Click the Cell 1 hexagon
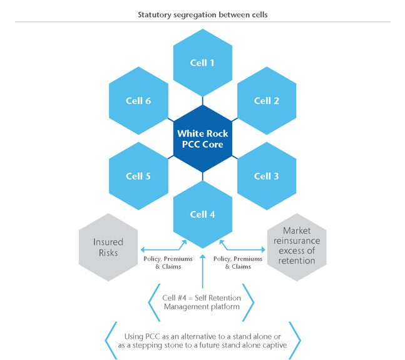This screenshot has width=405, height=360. [202, 63]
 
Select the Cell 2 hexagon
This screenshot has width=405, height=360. [267, 100]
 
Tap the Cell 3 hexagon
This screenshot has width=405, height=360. [267, 176]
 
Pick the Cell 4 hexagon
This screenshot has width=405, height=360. [202, 214]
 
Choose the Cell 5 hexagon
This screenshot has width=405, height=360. [138, 176]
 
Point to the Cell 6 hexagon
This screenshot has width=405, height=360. [138, 100]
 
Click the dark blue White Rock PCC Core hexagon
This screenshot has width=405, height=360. [202, 138]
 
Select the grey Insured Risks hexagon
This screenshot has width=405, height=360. [108, 247]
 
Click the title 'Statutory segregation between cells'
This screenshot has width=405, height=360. [202, 14]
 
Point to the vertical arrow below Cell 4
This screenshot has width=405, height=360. [202, 269]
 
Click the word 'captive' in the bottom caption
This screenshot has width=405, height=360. [267, 346]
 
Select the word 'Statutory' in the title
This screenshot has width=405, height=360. [155, 14]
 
